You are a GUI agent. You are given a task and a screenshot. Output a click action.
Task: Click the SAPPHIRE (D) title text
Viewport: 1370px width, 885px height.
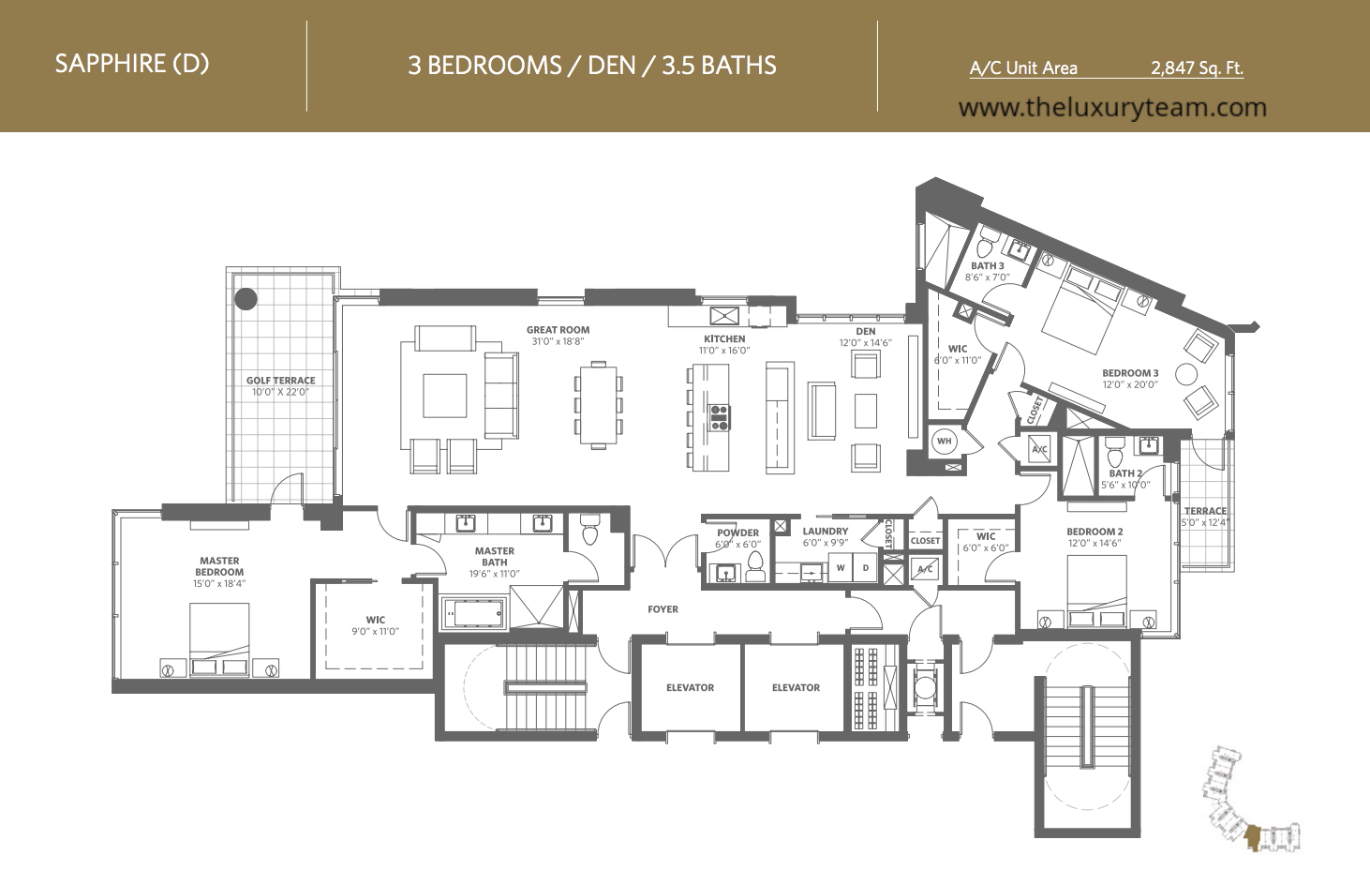pos(132,64)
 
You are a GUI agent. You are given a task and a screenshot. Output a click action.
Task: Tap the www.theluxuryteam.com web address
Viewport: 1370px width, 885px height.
pos(1112,108)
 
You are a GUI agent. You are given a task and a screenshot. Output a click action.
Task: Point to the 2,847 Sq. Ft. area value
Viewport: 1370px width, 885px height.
pos(1197,67)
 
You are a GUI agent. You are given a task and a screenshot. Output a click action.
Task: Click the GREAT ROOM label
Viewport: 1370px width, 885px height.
pos(558,330)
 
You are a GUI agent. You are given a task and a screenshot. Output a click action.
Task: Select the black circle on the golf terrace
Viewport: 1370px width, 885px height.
pos(246,299)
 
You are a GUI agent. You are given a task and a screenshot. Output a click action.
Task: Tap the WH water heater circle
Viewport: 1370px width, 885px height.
pos(945,441)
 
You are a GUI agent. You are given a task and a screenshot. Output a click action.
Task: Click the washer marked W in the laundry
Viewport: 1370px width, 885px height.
pos(841,567)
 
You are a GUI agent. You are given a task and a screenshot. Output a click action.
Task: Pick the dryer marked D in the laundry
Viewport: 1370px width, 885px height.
pos(866,567)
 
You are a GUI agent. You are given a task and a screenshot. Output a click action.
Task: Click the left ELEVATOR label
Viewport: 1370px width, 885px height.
pos(690,687)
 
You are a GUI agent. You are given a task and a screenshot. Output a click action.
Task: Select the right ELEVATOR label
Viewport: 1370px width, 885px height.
pos(796,687)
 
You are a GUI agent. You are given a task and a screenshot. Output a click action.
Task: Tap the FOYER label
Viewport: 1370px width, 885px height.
pos(663,609)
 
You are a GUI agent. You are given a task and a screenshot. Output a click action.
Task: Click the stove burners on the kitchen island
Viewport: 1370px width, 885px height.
pos(720,417)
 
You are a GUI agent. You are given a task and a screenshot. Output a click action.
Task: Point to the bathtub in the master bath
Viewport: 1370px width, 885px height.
pos(474,612)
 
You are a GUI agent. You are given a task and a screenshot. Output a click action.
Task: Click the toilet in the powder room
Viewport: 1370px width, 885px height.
pos(755,567)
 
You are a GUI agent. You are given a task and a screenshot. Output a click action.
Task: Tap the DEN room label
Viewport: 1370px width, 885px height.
pos(866,331)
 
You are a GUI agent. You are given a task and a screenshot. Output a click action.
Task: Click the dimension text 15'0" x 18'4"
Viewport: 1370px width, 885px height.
pos(219,583)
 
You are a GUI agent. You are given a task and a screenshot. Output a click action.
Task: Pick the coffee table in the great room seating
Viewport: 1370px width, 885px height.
pos(444,396)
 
